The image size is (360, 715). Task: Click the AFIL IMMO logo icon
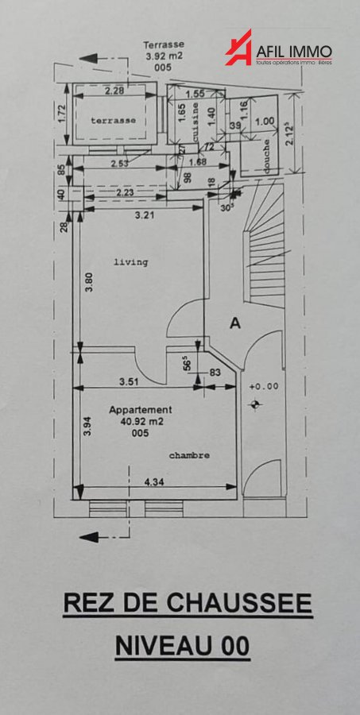pyautogui.click(x=239, y=48)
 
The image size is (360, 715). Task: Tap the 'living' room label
pyautogui.click(x=132, y=261)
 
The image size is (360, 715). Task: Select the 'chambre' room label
pyautogui.click(x=190, y=455)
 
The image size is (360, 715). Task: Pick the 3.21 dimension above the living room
pyautogui.click(x=144, y=214)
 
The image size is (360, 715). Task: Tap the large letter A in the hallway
pyautogui.click(x=234, y=323)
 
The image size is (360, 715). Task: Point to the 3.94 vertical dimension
pyautogui.click(x=88, y=427)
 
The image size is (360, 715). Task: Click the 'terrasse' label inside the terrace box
pyautogui.click(x=112, y=120)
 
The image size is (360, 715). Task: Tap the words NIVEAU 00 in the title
pyautogui.click(x=183, y=646)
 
